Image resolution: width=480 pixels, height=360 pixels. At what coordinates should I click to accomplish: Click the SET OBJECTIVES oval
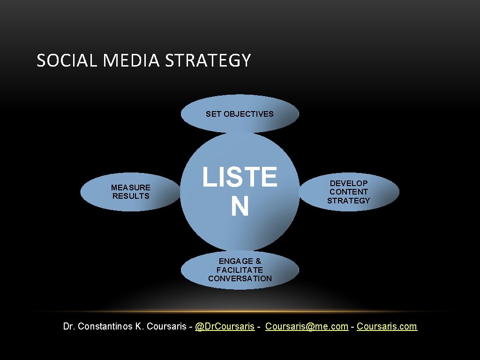(240, 114)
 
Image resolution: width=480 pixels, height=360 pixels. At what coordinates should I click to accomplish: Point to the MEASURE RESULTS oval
(130, 192)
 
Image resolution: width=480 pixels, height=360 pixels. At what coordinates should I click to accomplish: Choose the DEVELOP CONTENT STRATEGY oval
(349, 192)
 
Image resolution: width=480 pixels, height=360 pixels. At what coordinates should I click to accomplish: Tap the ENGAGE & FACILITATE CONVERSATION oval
(240, 270)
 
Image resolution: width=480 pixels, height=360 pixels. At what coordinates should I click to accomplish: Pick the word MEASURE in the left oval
(131, 187)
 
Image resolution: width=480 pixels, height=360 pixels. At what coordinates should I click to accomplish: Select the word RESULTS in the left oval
(131, 196)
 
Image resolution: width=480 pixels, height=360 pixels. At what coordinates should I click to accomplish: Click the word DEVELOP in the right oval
(349, 183)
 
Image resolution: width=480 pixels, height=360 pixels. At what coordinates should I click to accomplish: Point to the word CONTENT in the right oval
(349, 192)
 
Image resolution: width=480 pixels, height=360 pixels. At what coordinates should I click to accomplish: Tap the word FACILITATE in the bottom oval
(240, 270)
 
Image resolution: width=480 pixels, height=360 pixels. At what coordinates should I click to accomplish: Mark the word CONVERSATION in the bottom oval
(240, 278)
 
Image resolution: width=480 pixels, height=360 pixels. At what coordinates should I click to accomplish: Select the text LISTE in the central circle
(240, 177)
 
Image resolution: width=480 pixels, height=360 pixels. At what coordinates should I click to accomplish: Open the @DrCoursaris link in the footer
(225, 326)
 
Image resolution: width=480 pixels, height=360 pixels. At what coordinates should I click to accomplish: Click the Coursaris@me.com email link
(307, 326)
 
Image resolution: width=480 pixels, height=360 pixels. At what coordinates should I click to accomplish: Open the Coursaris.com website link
(387, 326)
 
